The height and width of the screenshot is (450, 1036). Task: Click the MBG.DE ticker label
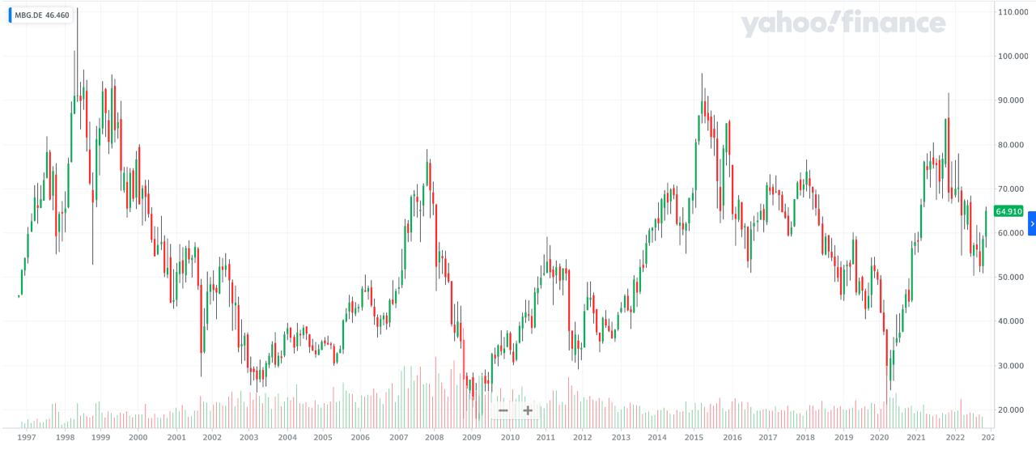[28, 15]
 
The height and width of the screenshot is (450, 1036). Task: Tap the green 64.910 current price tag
[1009, 211]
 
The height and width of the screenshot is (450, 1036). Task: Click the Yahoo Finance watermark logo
[843, 23]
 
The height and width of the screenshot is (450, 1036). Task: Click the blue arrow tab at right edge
[1032, 223]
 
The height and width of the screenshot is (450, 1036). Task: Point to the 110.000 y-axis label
[1014, 12]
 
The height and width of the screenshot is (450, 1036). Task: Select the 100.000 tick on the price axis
[1014, 57]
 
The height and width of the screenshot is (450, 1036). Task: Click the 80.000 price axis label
[1014, 145]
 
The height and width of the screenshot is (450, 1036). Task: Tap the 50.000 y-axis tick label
[1013, 278]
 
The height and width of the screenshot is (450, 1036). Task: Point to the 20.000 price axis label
[1013, 410]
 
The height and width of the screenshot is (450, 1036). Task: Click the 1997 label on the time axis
[27, 437]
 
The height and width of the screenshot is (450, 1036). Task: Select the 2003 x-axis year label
[249, 437]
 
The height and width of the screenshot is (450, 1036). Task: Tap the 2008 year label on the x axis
[435, 437]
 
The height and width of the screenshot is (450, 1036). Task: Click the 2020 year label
[880, 437]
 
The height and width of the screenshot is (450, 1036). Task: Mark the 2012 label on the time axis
[583, 437]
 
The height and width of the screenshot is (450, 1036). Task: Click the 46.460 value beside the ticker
[57, 15]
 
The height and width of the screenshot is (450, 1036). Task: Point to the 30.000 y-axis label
[1013, 366]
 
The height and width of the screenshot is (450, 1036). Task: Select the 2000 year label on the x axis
[138, 437]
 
